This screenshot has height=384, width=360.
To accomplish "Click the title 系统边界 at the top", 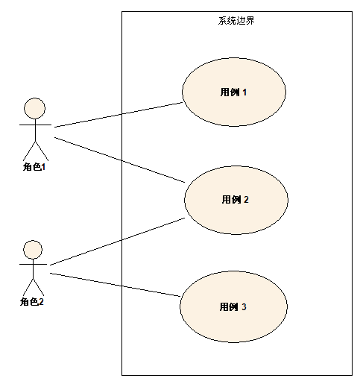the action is (x=236, y=21).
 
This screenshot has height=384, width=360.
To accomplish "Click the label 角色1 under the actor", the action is (x=34, y=167).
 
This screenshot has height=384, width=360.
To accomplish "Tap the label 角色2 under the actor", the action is (x=32, y=302).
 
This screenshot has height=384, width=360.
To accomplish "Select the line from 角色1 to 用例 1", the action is (x=119, y=115).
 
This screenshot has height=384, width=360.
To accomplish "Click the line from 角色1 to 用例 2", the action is (x=120, y=160).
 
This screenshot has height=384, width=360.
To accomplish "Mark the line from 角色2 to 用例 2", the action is (x=117, y=242).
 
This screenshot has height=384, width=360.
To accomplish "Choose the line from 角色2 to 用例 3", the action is (x=115, y=285).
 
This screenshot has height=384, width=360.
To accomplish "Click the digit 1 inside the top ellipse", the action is (x=244, y=92).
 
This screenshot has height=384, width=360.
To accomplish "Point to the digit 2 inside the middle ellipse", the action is (x=246, y=200).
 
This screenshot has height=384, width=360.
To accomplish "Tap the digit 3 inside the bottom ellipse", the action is (x=244, y=307).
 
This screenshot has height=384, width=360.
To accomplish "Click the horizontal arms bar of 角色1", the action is (x=35, y=125).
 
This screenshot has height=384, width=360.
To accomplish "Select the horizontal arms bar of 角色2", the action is (x=33, y=264).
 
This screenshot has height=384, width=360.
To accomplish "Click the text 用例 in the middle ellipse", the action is (x=231, y=200).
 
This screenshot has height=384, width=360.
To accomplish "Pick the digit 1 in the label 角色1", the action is (x=44, y=167).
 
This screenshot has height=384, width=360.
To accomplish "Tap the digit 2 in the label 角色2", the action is (x=41, y=302).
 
